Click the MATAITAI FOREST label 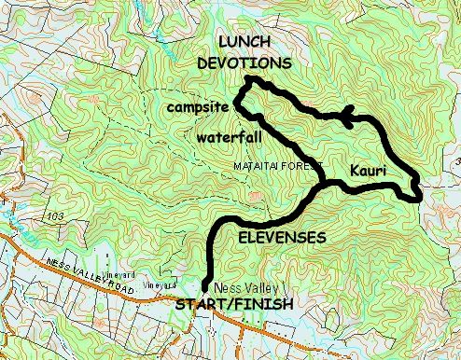coord(277,165)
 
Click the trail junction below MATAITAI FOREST coord(323,180)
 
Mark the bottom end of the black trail coord(204,289)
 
